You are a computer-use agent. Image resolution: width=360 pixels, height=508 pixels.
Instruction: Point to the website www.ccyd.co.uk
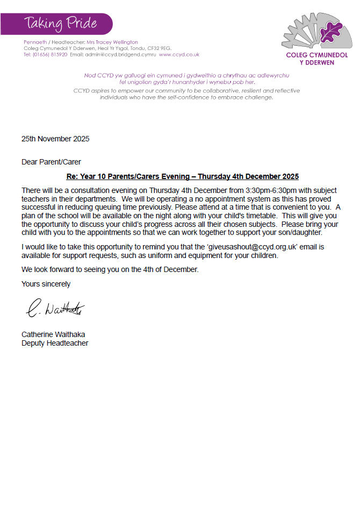[x=179, y=54]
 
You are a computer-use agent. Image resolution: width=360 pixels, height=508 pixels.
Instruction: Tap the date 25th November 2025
[x=55, y=139]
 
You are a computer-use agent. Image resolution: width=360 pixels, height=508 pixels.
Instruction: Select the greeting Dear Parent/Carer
[x=51, y=162]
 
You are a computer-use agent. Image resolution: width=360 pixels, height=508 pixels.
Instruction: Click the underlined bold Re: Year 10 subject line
[x=182, y=176]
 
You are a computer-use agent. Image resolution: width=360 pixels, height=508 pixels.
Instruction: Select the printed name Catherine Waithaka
[x=53, y=334]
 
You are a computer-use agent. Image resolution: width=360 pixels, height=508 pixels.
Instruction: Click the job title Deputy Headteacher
[x=55, y=343]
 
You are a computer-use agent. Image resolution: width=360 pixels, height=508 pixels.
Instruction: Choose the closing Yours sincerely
[x=46, y=284]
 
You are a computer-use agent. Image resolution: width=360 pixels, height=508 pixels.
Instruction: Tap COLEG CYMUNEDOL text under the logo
[x=316, y=55]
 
